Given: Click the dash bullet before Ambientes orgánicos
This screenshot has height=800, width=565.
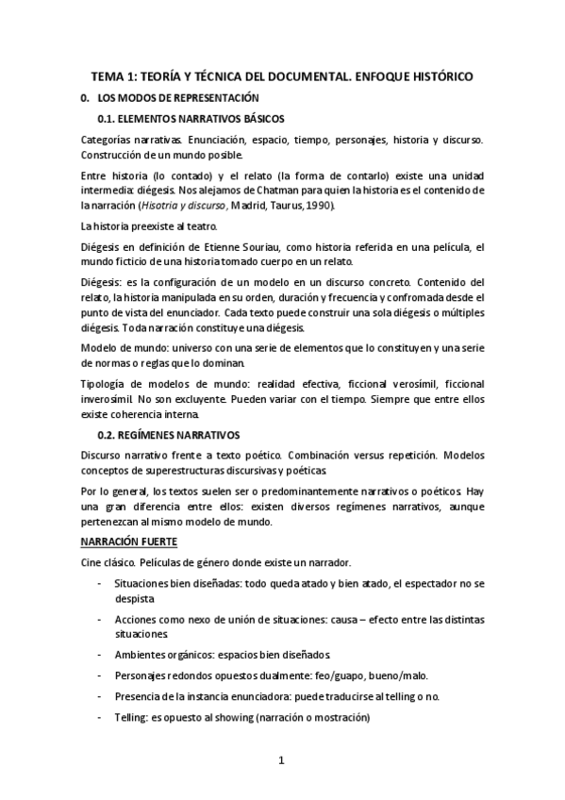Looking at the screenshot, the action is (x=101, y=653).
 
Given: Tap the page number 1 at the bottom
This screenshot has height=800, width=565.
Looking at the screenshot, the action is (x=281, y=761).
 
